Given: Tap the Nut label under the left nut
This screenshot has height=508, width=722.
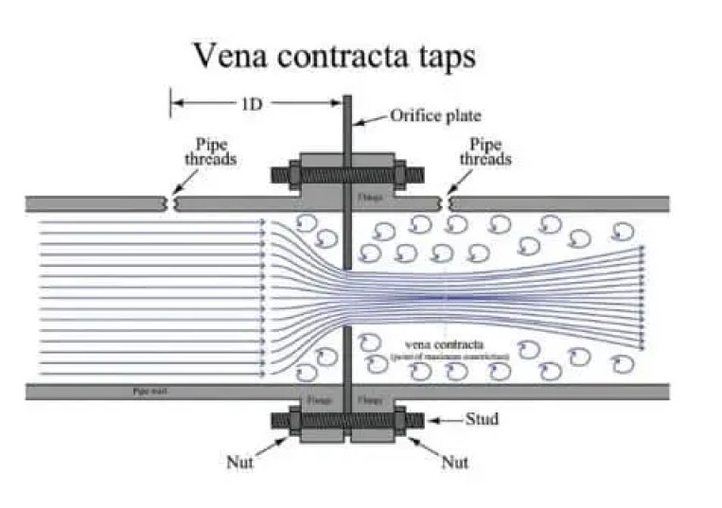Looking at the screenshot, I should (238, 463).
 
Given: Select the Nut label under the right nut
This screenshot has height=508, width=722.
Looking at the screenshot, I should (455, 463).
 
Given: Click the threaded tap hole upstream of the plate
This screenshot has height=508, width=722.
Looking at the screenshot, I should (172, 203).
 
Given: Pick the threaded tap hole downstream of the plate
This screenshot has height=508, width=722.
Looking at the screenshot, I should (447, 203).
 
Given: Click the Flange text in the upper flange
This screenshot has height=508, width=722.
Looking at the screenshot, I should (366, 199).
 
